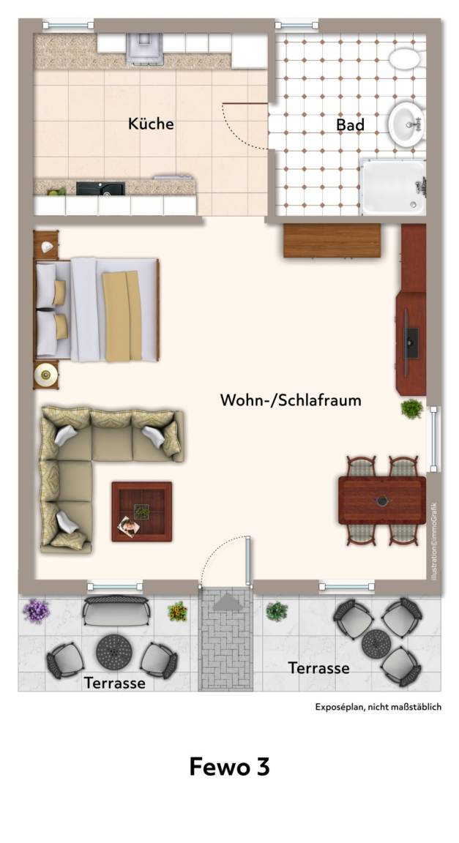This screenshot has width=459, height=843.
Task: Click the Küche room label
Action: click(x=151, y=124)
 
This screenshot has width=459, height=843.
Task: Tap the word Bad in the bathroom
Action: click(x=351, y=124)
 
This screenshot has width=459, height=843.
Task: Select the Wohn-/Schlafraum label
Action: click(x=291, y=400)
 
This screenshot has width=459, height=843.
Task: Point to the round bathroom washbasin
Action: click(x=406, y=124)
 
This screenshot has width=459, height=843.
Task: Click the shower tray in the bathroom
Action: click(x=393, y=187)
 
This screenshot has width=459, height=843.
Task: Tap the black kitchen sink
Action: click(x=100, y=188)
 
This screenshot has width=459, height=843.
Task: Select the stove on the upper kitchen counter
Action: click(x=144, y=48)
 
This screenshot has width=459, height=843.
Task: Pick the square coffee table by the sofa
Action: click(x=141, y=512)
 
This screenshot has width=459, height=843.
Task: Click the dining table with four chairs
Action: click(x=382, y=500)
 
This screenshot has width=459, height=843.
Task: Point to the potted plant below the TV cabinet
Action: click(x=411, y=408)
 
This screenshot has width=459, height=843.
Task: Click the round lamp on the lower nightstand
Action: click(x=45, y=373)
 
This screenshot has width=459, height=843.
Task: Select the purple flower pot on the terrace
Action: click(x=36, y=611)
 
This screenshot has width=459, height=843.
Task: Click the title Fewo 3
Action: click(x=229, y=767)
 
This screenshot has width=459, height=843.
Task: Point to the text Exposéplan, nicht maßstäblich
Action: click(x=378, y=707)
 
